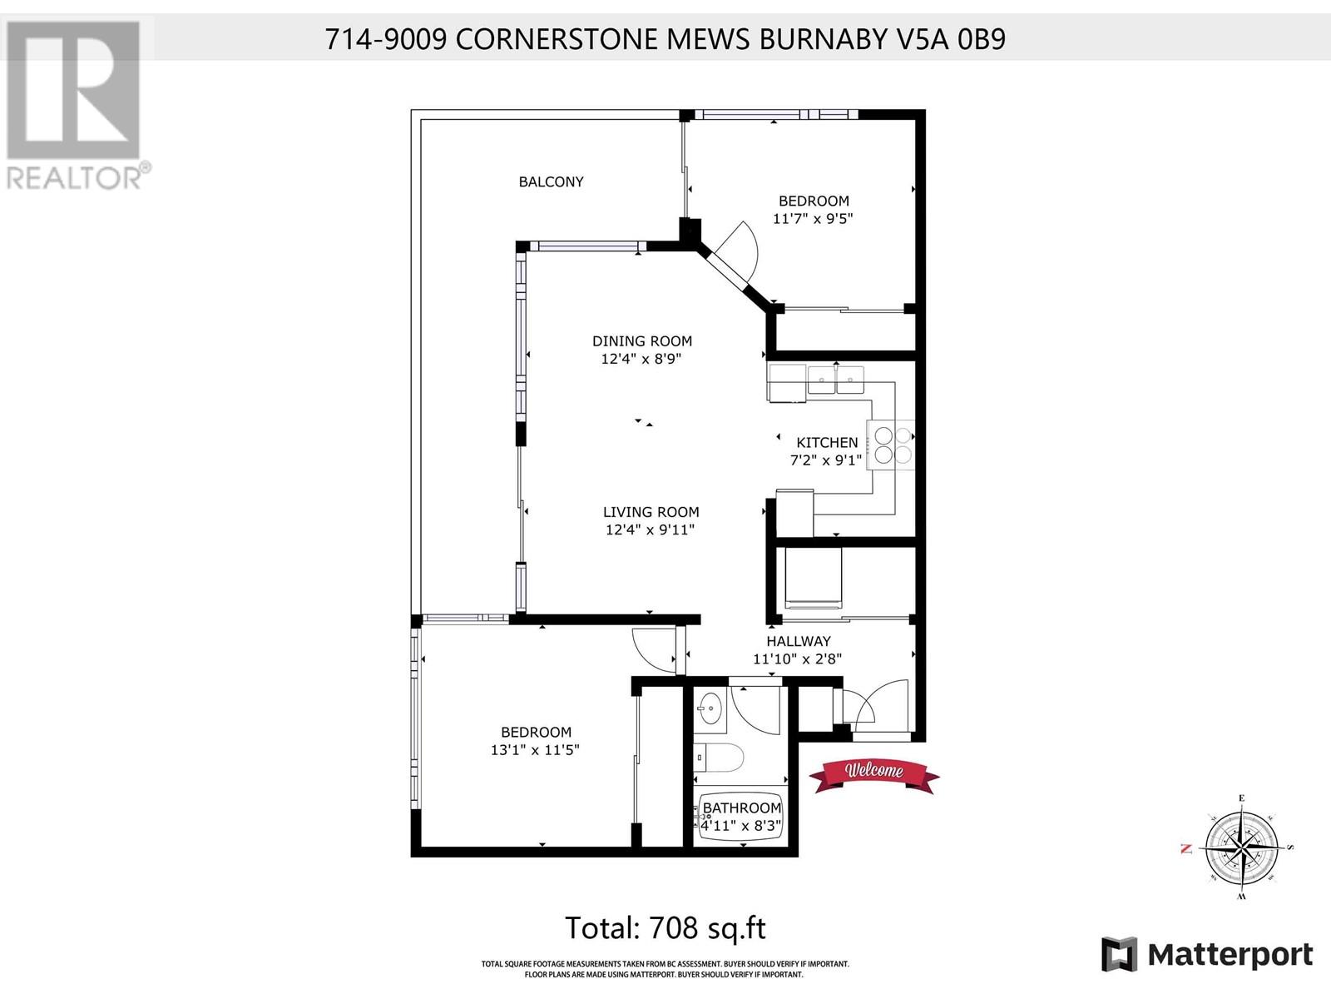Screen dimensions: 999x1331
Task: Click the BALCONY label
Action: pos(551,181)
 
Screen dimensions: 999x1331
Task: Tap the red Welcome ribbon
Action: pos(875,772)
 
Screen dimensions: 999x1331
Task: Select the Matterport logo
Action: pos(1207,954)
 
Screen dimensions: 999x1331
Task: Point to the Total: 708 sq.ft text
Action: pos(665,927)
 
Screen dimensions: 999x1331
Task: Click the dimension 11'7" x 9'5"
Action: pos(814,219)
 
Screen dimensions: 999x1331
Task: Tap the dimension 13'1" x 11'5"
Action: pos(535,750)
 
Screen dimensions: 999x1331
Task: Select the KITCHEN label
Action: pos(827,443)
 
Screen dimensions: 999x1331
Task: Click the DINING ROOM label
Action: pos(642,340)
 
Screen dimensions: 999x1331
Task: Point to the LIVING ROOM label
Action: pos(651,512)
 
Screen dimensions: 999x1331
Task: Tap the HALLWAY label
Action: pos(798,641)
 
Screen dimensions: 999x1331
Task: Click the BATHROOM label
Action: pos(742,808)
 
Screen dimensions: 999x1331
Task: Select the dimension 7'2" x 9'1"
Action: pos(827,460)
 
